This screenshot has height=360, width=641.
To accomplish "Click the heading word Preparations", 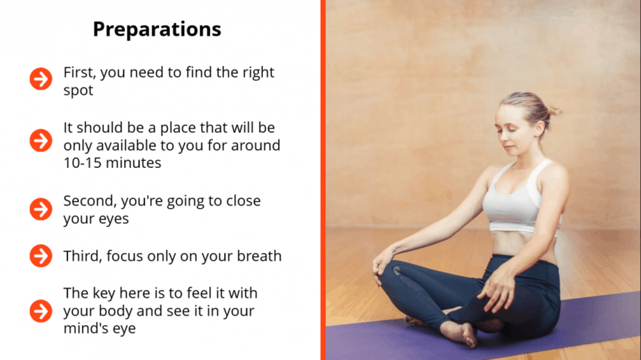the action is pos(157,30).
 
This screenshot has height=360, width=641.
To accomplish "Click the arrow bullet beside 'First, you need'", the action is pos(41,79).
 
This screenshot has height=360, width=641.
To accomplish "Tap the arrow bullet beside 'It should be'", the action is pos(41,141).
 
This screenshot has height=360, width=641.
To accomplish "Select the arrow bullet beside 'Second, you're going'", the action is pos(41,209).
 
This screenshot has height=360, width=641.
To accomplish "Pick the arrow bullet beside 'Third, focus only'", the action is pos(41,256).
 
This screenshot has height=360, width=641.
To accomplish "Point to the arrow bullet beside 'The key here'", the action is pos(41,311).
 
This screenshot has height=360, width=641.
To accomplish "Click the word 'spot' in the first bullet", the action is pos(78,91).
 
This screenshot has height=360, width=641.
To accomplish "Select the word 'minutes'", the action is pos(134,163).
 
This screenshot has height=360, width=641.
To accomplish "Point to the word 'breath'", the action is pos(259,256).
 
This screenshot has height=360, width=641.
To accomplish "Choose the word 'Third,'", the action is pos(83,256).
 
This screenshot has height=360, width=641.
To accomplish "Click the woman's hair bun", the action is pos(554,111).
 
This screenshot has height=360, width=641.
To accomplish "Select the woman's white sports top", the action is pos(520,199).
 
